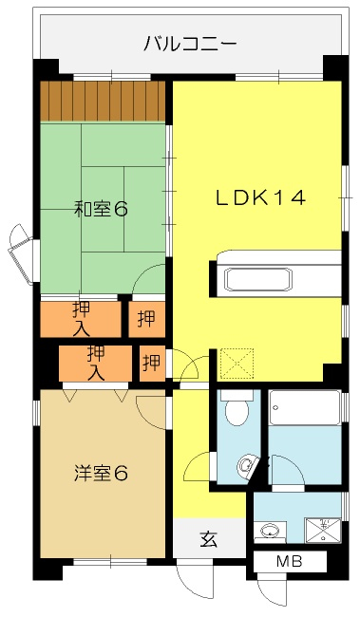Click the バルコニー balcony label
point(190,43)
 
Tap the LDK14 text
point(260,197)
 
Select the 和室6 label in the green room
point(102,209)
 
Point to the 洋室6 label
point(102,473)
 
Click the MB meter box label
point(290,561)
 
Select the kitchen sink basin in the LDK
point(258,279)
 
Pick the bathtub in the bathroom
point(305,407)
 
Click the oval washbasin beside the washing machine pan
point(270,531)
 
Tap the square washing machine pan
point(323,530)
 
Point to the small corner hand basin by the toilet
point(247,466)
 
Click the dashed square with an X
point(237,364)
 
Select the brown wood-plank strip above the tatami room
point(103,102)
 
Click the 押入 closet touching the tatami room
point(81,319)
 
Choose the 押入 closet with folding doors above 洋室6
point(95,364)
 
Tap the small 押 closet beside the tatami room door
point(146,319)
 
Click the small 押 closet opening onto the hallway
point(152,364)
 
